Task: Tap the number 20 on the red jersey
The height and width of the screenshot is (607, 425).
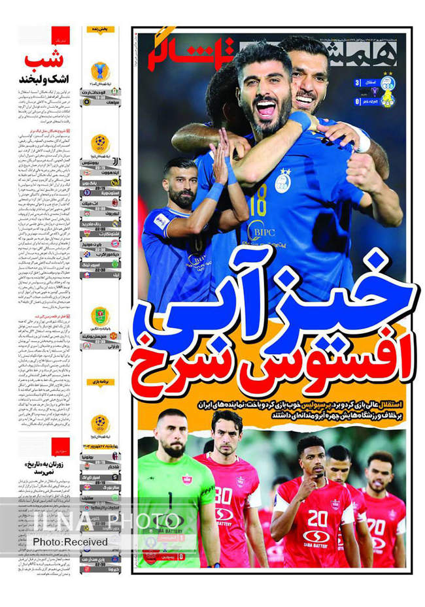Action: (x=318, y=518)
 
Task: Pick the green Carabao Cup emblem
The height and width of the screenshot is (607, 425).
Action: (x=100, y=317)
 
